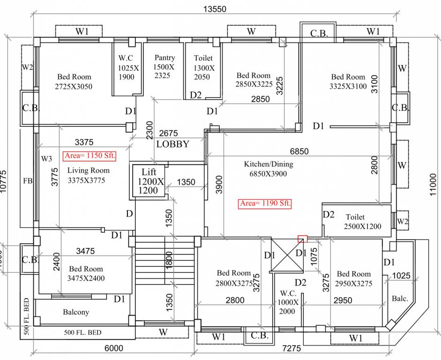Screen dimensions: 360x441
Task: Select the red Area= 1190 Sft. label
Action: point(265,203)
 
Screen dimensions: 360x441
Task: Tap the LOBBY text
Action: point(172,144)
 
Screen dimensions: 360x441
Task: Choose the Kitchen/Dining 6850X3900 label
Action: point(268,169)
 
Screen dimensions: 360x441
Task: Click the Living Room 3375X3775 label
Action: point(88,175)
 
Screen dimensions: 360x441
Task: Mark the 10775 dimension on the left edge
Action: point(4,181)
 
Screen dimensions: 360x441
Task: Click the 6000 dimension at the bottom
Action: point(113,348)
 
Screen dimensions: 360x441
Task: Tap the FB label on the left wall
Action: point(27,180)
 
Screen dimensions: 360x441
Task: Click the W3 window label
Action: point(46,158)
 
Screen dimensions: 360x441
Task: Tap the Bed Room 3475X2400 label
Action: point(86,273)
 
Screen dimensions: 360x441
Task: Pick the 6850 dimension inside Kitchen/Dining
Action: point(299,151)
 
